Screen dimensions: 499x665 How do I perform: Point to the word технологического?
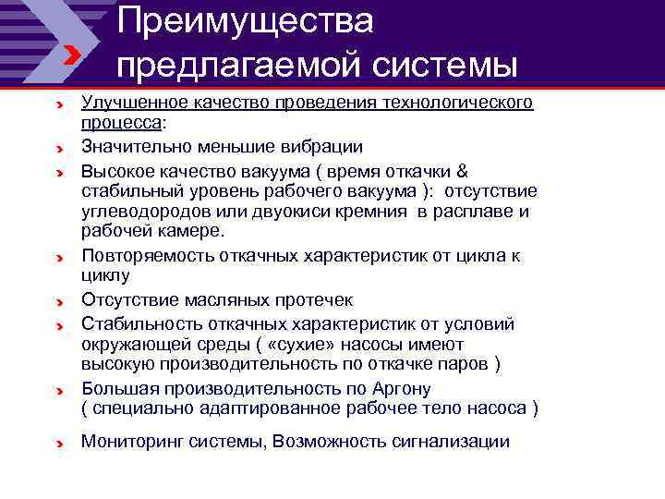pos(455,103)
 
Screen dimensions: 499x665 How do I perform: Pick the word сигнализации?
pos(453,442)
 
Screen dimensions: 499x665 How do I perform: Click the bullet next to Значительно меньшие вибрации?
pos(58,148)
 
